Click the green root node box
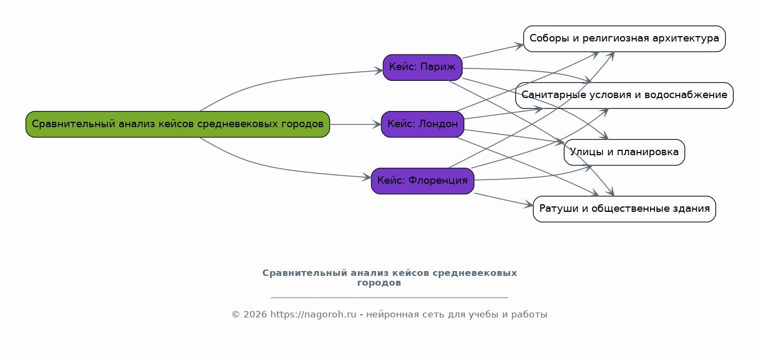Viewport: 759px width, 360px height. (x=178, y=124)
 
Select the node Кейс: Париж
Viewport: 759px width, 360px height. (x=422, y=67)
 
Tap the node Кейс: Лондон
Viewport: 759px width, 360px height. (x=422, y=124)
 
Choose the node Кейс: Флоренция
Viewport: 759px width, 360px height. (x=422, y=181)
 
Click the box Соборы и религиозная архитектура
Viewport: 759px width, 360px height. (x=624, y=39)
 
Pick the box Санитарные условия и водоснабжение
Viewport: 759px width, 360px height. (x=624, y=95)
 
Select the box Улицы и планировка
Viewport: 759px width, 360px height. (x=624, y=152)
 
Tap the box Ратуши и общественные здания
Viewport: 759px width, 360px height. (x=624, y=209)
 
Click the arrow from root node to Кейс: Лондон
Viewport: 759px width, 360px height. (x=356, y=124)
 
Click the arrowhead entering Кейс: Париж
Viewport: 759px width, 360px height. (x=379, y=71)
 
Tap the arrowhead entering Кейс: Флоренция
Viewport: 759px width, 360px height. (x=367, y=177)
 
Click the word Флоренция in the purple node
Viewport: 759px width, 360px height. (x=438, y=181)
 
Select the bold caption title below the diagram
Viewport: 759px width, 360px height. (x=389, y=278)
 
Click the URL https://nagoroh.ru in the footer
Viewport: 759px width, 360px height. (x=313, y=315)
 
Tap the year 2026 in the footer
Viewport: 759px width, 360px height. (x=255, y=315)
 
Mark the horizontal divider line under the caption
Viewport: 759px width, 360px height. (x=389, y=297)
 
